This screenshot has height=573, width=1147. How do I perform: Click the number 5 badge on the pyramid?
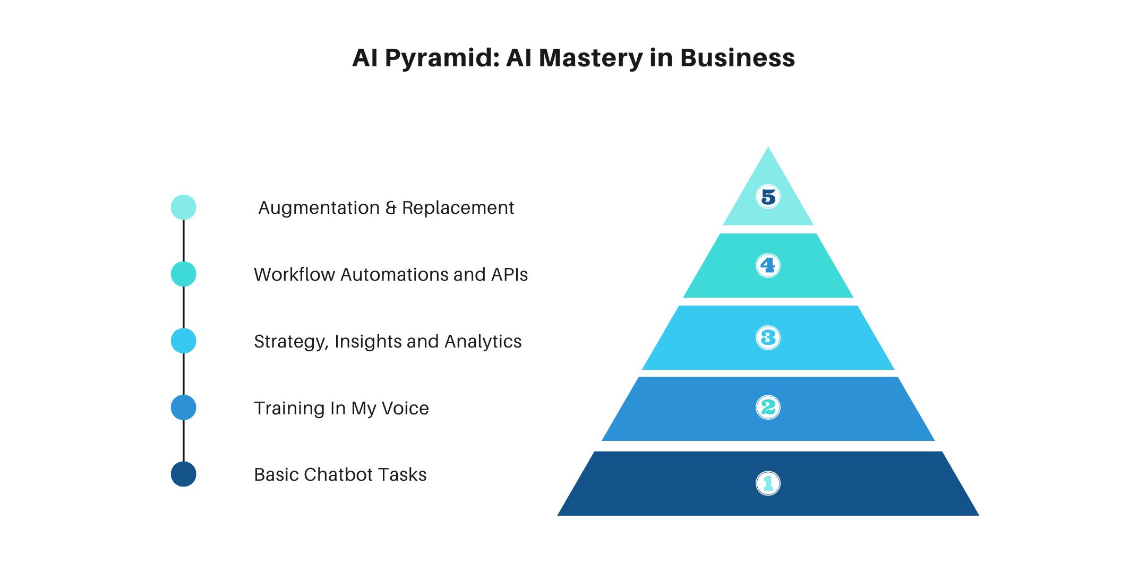(768, 197)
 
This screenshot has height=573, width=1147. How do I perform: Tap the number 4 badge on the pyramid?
(768, 265)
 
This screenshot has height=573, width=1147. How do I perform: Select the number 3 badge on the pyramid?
(768, 337)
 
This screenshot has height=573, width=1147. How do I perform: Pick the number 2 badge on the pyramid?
(768, 407)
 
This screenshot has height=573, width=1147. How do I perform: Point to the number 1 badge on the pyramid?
(768, 483)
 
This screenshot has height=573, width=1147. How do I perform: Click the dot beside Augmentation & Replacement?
(183, 207)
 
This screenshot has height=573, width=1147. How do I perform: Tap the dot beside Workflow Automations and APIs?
(183, 274)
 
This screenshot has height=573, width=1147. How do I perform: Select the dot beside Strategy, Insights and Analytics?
(183, 341)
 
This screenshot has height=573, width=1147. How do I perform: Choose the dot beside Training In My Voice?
(183, 407)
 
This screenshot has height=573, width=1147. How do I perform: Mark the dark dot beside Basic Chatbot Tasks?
(183, 474)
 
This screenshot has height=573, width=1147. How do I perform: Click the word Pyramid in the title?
(442, 58)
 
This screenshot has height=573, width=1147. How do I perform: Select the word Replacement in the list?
(458, 208)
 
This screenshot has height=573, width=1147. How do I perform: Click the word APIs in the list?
(509, 275)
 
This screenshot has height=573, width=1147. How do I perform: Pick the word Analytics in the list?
(483, 342)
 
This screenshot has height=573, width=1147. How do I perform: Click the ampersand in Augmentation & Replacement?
(391, 208)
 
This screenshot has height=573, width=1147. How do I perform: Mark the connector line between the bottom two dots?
(183, 441)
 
